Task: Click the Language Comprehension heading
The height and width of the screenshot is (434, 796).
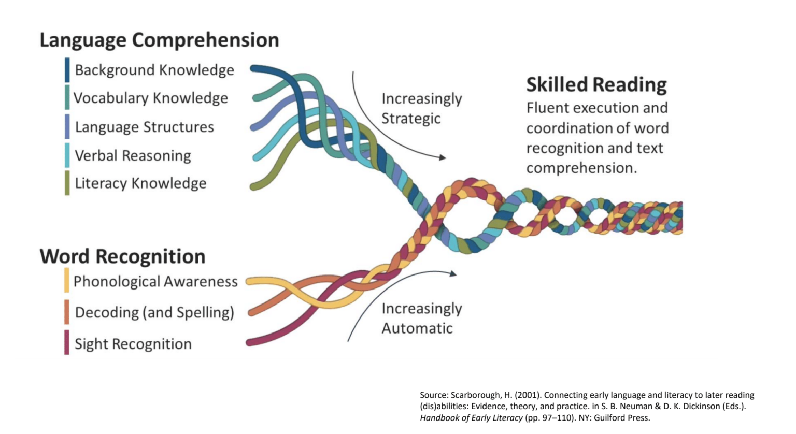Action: pos(159,40)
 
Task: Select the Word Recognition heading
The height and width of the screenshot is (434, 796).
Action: pos(122,256)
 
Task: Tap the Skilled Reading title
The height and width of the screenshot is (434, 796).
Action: pos(596,84)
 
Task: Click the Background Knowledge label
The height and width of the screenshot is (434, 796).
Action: pos(154,70)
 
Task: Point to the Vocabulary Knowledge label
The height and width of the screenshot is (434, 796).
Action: pos(150,98)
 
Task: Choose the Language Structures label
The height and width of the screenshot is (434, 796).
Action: pos(144,127)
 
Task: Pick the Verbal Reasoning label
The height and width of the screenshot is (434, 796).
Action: pos(133,155)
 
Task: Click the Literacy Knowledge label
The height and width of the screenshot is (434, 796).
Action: pos(140,183)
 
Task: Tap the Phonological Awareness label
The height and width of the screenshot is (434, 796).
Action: pos(155,281)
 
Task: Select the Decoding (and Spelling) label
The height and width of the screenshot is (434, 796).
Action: pos(154,312)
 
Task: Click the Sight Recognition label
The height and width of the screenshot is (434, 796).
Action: pos(133,344)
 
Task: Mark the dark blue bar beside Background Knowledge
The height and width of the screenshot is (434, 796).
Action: pos(67,70)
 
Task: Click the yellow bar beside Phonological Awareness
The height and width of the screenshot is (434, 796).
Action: pos(66,280)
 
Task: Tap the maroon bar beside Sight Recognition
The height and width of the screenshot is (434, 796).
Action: pos(66,342)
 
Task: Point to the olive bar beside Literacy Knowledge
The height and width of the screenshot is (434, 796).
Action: pos(67,183)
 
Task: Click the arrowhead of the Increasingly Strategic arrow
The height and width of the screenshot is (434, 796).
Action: pos(442,157)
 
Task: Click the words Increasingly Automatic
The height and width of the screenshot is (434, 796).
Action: pos(421,318)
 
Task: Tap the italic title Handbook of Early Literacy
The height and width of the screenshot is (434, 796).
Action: pos(471,417)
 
